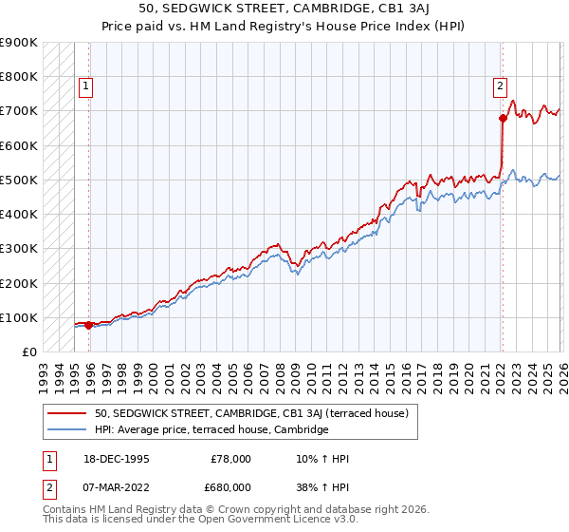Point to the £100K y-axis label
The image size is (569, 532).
click(19, 317)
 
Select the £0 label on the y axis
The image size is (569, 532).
click(29, 352)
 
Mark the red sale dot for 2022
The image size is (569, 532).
click(503, 118)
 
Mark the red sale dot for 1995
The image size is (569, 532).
click(88, 325)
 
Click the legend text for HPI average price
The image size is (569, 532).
click(211, 430)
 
